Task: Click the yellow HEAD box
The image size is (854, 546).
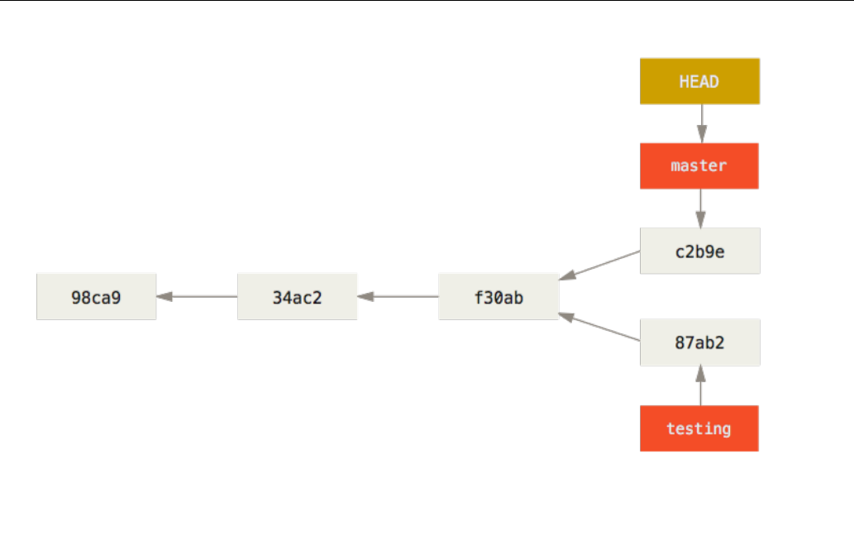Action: click(x=700, y=81)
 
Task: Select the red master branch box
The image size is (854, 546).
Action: click(x=699, y=166)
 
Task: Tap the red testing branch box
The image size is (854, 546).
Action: click(x=699, y=429)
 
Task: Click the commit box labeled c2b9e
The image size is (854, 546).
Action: click(x=700, y=251)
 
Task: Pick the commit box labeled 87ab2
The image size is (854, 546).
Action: click(x=700, y=342)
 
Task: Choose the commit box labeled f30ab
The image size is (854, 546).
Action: click(x=499, y=296)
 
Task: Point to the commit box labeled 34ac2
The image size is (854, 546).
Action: click(x=298, y=296)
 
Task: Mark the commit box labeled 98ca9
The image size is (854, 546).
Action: click(x=97, y=296)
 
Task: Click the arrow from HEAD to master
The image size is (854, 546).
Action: click(x=702, y=124)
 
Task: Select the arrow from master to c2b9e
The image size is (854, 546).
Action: click(x=701, y=208)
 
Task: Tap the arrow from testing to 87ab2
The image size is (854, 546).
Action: click(x=701, y=386)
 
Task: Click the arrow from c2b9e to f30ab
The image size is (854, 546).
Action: click(x=599, y=266)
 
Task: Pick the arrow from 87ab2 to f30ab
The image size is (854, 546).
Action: click(x=599, y=328)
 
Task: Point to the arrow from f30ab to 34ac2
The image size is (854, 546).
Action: click(x=398, y=296)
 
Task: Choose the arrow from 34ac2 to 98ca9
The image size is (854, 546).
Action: click(x=197, y=296)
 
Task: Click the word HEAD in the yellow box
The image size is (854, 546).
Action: click(x=699, y=82)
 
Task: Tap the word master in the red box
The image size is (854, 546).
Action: click(x=699, y=165)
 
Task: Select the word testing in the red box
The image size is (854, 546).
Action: click(x=699, y=429)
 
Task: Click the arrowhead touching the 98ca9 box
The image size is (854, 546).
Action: click(x=165, y=296)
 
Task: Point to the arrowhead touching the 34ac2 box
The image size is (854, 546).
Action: click(x=365, y=296)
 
